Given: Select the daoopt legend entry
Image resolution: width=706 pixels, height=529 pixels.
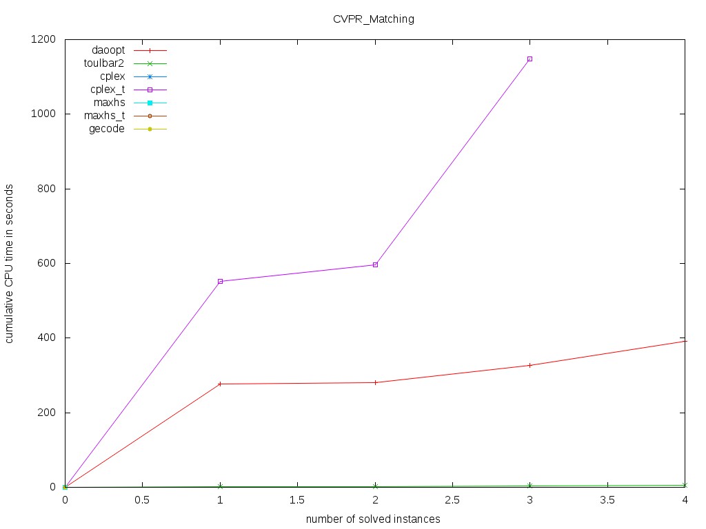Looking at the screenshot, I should click(x=108, y=50).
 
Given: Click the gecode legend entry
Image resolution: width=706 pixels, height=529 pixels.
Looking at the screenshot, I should click(x=107, y=129).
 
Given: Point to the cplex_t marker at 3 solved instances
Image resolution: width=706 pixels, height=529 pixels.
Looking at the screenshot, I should click(x=530, y=59).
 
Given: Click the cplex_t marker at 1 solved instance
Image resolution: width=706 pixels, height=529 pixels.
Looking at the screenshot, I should click(x=220, y=281).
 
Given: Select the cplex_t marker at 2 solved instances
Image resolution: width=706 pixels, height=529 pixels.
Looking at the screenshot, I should click(x=375, y=264).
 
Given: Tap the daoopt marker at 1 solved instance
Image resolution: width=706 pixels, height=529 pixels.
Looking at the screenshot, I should click(x=220, y=384).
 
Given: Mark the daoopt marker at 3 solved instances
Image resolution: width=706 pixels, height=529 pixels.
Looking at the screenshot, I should click(x=530, y=365).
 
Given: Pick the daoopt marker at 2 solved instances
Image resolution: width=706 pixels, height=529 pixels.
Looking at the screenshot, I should click(x=375, y=382).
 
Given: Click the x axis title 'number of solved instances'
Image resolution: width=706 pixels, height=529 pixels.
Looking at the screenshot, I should click(x=373, y=518).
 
